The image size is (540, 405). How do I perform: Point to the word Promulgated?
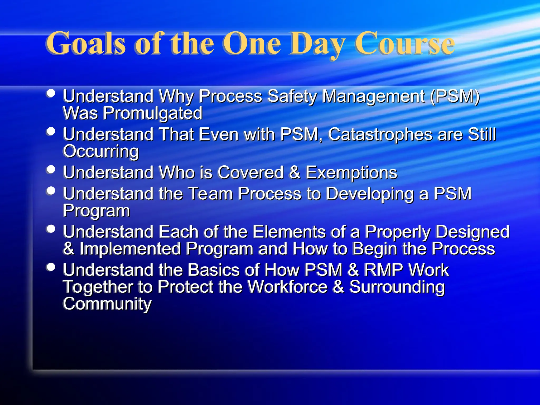click(x=152, y=113)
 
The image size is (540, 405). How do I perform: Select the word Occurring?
click(x=101, y=152)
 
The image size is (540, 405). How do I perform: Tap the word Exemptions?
click(x=351, y=173)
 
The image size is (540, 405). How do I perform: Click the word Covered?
click(x=250, y=172)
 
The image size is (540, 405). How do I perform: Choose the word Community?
click(x=107, y=304)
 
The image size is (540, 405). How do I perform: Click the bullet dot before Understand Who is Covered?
click(x=50, y=169)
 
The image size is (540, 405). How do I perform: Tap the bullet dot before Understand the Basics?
click(x=50, y=267)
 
